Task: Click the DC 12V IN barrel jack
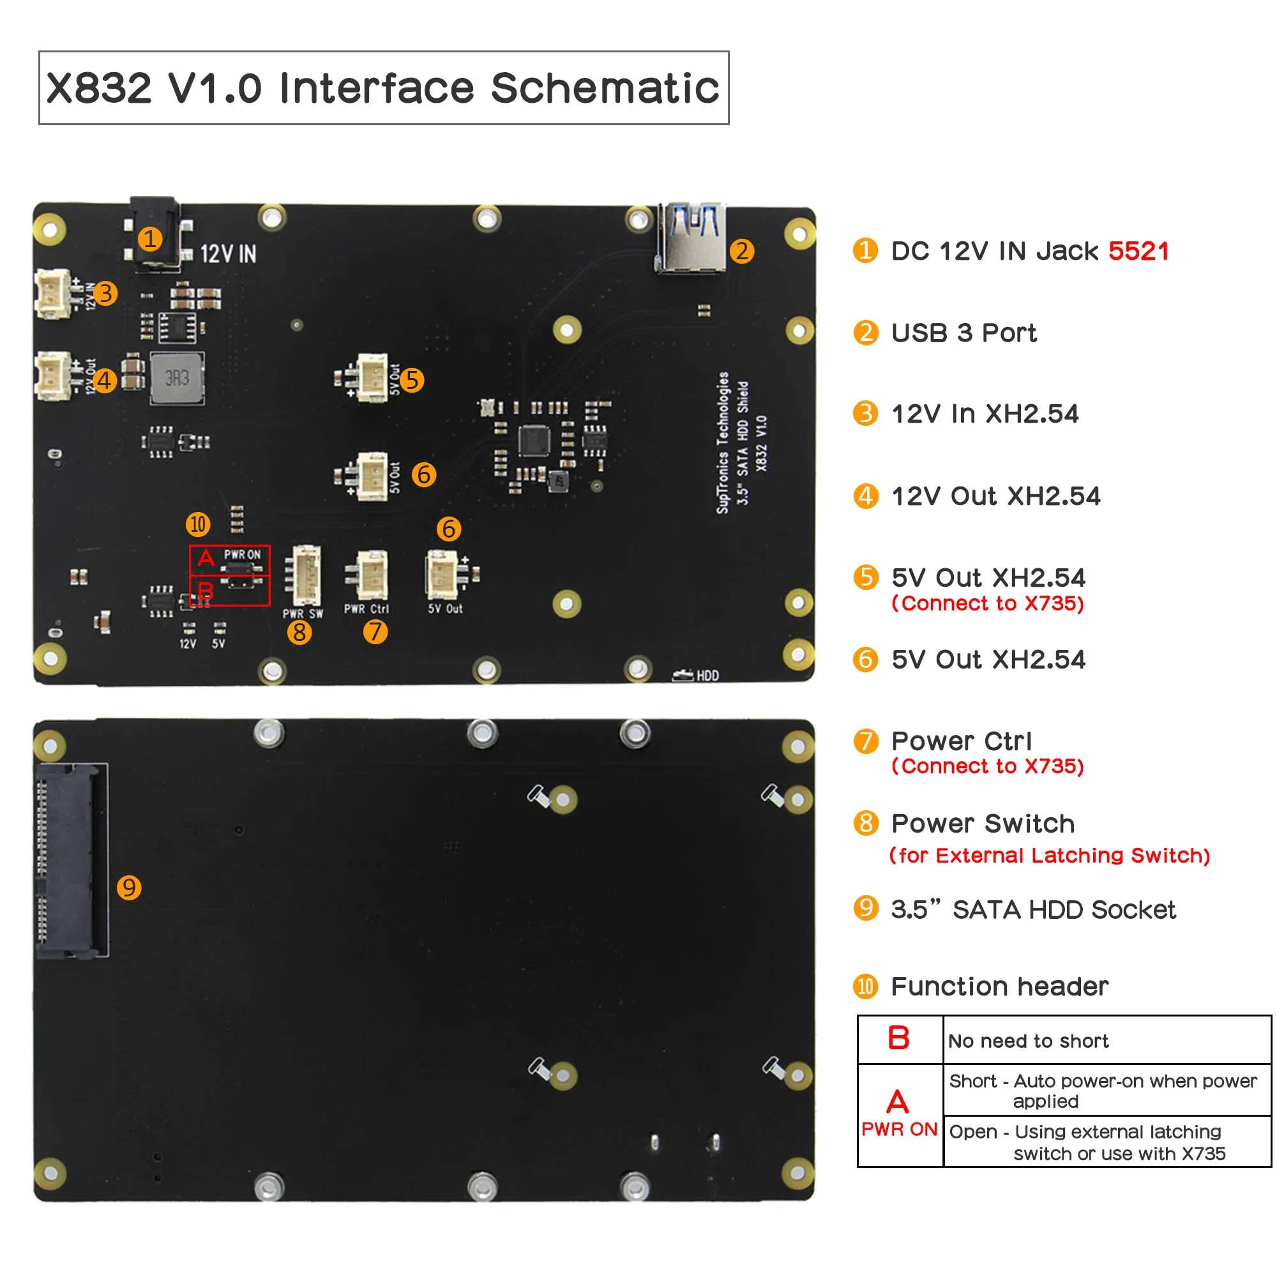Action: pyautogui.click(x=155, y=234)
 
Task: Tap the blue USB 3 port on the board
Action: pyautogui.click(x=692, y=238)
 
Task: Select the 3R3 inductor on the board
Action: pyautogui.click(x=177, y=378)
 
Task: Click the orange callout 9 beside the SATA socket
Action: pyautogui.click(x=129, y=887)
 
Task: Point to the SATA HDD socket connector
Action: pyautogui.click(x=72, y=860)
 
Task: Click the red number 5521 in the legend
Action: pyautogui.click(x=1138, y=251)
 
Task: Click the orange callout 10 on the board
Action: pyautogui.click(x=198, y=524)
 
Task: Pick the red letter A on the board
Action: pyautogui.click(x=206, y=558)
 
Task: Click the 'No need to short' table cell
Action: pyautogui.click(x=1028, y=1041)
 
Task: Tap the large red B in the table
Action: pyautogui.click(x=898, y=1038)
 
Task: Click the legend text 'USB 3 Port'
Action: pyautogui.click(x=963, y=333)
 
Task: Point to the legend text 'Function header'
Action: pyautogui.click(x=999, y=986)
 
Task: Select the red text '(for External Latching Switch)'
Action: pyautogui.click(x=1049, y=856)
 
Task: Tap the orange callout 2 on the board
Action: pyautogui.click(x=741, y=251)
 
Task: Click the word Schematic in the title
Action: pyautogui.click(x=605, y=88)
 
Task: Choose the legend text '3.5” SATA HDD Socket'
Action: pyautogui.click(x=1032, y=909)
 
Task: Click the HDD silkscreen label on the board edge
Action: pyautogui.click(x=707, y=676)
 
